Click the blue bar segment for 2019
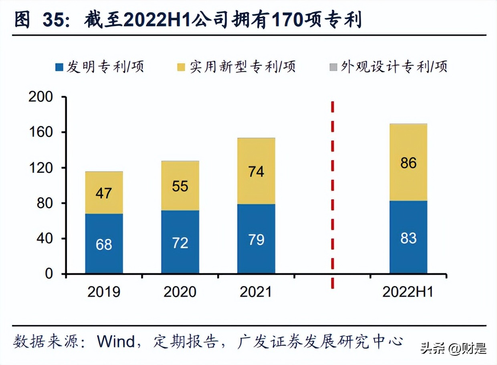tap(104, 243)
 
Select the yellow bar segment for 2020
tap(180, 186)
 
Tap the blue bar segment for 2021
tap(256, 239)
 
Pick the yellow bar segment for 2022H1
tap(408, 162)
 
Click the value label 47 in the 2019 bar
tap(104, 193)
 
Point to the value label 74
tap(256, 171)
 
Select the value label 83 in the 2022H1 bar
tap(408, 238)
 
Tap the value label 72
tap(180, 243)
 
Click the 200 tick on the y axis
tap(40, 97)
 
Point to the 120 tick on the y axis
tap(40, 168)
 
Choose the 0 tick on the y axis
tap(48, 274)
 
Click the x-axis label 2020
tap(180, 292)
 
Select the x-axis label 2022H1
tap(408, 292)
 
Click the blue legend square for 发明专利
tap(59, 67)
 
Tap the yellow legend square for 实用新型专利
tap(182, 67)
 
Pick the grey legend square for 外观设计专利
tap(333, 67)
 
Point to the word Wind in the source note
tap(116, 341)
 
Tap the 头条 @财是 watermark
tap(453, 349)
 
